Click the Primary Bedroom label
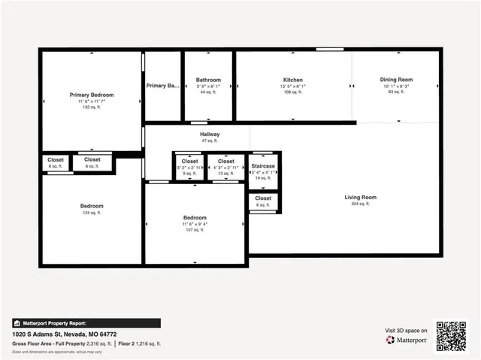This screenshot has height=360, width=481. click(92, 95)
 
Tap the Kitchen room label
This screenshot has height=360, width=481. click(292, 80)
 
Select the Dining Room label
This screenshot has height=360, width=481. click(395, 80)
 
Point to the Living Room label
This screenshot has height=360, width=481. click(360, 198)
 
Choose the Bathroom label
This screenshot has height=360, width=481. click(208, 80)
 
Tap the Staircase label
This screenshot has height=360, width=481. click(263, 165)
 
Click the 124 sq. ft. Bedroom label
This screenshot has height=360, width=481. click(92, 206)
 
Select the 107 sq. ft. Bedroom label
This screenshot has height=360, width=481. click(195, 218)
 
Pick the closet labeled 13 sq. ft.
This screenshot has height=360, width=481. click(225, 161)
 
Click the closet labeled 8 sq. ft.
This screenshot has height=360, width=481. click(92, 159)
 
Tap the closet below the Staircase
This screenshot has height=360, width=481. click(263, 198)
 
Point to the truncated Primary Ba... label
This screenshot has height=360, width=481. click(162, 86)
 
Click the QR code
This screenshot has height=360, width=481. click(452, 336)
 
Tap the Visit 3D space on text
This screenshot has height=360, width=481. click(406, 331)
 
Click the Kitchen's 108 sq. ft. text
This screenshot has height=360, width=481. click(292, 92)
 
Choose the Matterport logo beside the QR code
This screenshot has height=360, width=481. click(407, 340)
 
